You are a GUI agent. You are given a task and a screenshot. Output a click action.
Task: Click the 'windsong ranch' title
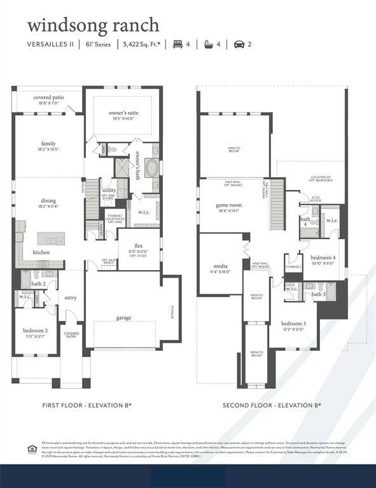tap(93, 25)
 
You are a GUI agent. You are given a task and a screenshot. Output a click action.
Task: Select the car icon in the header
tap(239, 44)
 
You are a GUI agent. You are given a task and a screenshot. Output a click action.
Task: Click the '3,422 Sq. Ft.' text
tap(140, 44)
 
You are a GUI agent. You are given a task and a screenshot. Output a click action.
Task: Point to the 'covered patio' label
tap(48, 97)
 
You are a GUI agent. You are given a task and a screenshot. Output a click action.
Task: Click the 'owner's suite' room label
tap(123, 112)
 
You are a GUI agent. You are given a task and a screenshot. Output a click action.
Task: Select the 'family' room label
tap(48, 144)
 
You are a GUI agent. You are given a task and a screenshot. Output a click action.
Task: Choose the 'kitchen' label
tap(41, 252)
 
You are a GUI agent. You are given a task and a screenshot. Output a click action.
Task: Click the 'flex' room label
tap(138, 246)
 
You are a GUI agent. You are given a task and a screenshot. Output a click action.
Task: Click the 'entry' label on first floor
tap(70, 297)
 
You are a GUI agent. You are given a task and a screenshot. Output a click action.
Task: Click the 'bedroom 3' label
tap(293, 323)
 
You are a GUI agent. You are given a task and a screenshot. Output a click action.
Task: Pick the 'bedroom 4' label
tap(323, 257)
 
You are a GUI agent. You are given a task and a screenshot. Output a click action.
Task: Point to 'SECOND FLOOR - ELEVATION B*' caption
tap(272, 405)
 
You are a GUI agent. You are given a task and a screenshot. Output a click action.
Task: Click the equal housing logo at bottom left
tap(32, 449)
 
